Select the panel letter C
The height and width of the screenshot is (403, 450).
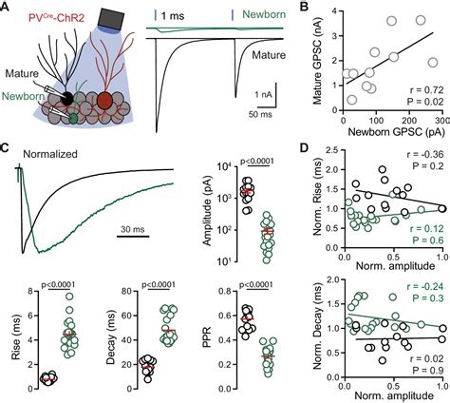pyautogui.click(x=7, y=149)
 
